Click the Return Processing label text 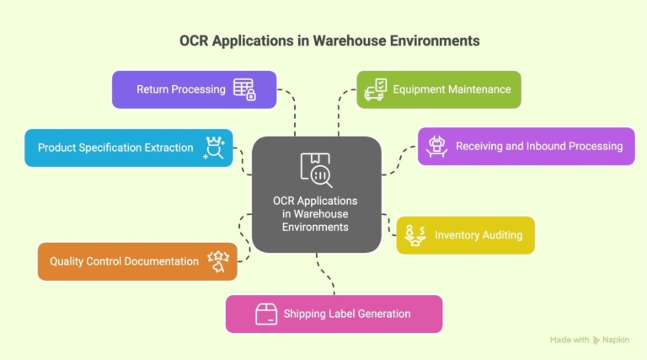point(181,89)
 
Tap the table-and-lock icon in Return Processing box point(244,89)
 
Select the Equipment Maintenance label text point(452,89)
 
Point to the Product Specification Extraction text point(115,148)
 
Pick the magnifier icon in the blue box point(215,148)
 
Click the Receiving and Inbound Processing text point(539,147)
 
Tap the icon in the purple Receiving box point(436,147)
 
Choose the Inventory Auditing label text point(479,235)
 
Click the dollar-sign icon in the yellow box point(414,235)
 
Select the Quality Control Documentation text point(124,261)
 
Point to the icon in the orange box point(219,261)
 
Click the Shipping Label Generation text point(347,314)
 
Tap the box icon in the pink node point(266,314)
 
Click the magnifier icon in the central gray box point(316,169)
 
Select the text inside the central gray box point(314,214)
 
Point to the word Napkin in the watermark point(616,340)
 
